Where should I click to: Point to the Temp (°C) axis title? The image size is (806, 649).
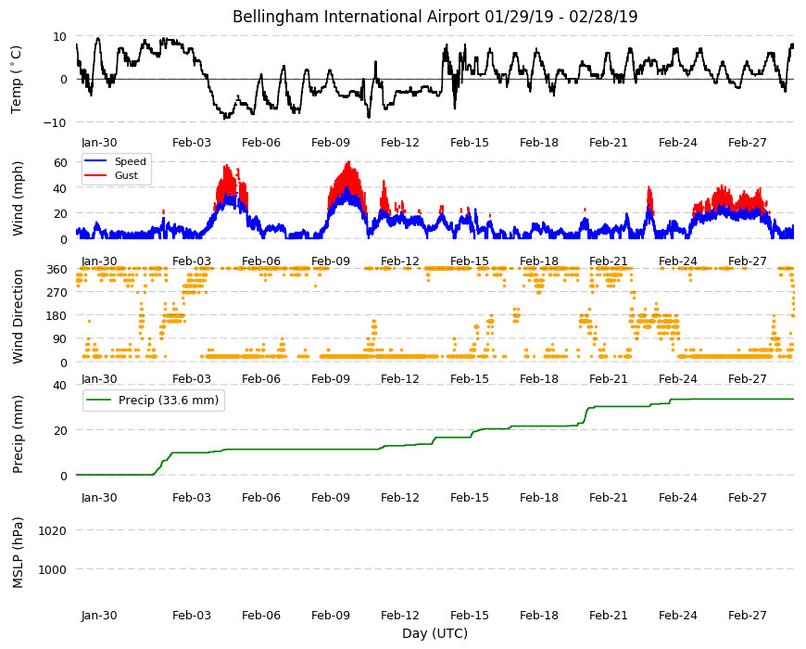pos(17,79)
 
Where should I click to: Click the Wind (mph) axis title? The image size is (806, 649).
pos(18,198)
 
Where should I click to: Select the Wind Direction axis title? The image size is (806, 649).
pos(18,317)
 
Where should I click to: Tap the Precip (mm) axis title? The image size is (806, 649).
pos(18,434)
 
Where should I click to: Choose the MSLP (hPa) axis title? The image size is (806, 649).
pos(18,552)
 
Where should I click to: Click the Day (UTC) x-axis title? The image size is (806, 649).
pos(434,633)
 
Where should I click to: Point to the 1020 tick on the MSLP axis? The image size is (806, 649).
pos(53,530)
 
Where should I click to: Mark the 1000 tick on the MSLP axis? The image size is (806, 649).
pos(53,570)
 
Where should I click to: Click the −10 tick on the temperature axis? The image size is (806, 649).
pos(55,123)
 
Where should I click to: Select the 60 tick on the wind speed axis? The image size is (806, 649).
pos(60,162)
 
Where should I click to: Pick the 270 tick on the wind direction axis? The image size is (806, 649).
pos(57,293)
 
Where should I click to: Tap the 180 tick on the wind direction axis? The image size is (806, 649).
pos(57,316)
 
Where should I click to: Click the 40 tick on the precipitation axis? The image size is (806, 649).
pos(60,386)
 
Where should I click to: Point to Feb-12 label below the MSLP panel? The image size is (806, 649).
pos(400,615)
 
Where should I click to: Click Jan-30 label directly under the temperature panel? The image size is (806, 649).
pos(99,143)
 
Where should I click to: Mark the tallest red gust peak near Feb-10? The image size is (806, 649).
pos(349,162)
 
